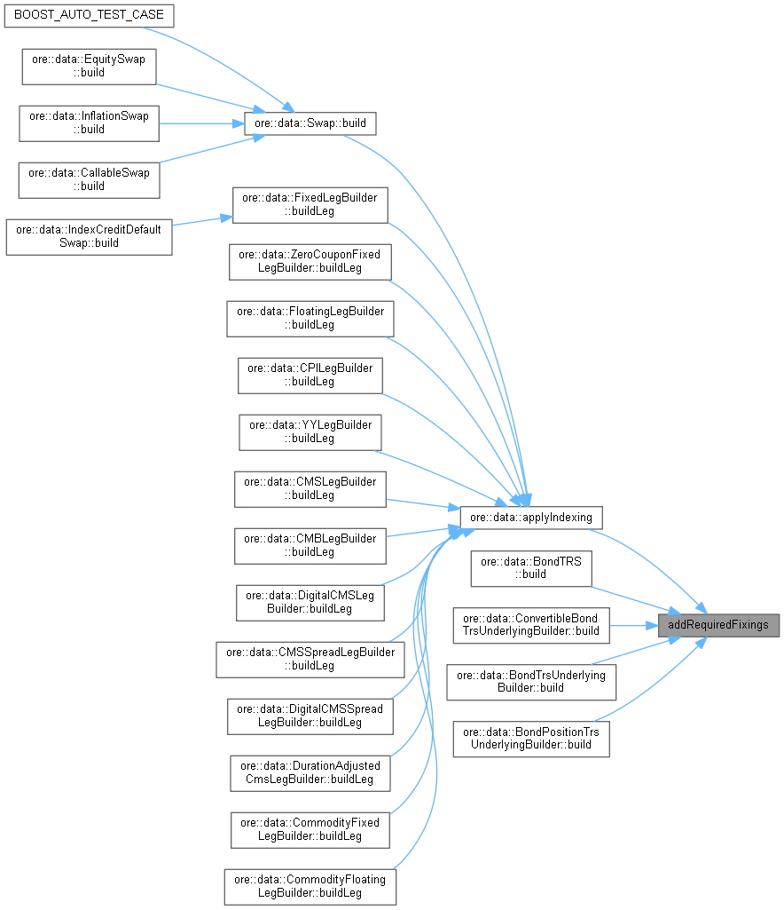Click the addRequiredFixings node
[717, 624]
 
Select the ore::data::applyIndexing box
[531, 516]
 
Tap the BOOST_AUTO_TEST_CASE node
[89, 16]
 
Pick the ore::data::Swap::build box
[310, 123]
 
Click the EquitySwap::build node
[89, 66]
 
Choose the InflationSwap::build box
[89, 123]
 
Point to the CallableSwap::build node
[89, 179]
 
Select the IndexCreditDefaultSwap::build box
[89, 236]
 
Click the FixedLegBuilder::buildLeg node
[310, 204]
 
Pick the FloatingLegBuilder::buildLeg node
[310, 318]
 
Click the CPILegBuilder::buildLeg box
[310, 375]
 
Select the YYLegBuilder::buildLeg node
[310, 431]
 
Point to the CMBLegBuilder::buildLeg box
[310, 545]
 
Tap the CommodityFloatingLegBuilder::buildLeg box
[310, 886]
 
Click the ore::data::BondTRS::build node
[530, 566]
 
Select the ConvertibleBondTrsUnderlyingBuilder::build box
[530, 624]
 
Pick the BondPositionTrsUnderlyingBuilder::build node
[530, 738]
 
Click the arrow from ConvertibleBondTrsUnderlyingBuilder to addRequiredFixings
[633, 624]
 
